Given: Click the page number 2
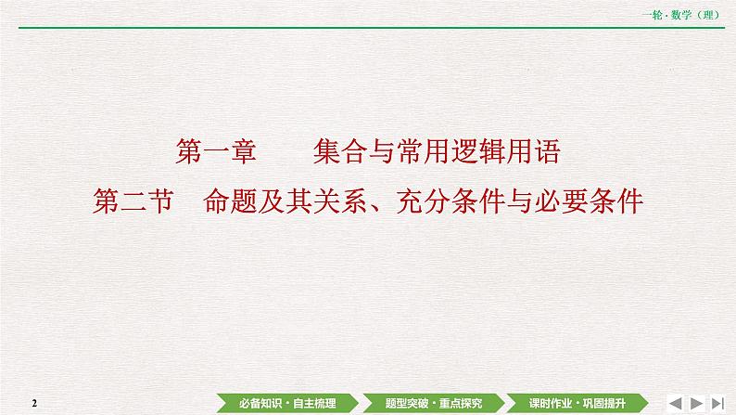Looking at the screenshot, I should click(x=33, y=402).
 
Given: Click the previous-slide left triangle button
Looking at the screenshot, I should click(x=675, y=401).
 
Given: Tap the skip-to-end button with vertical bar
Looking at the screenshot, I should click(x=717, y=401).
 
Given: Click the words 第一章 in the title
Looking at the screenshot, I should click(x=214, y=153).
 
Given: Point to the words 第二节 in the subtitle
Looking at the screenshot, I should click(x=134, y=201).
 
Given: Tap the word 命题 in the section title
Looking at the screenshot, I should click(x=229, y=201).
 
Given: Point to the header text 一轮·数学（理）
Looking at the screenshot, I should click(x=689, y=12).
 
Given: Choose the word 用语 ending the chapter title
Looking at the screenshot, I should click(x=537, y=153).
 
